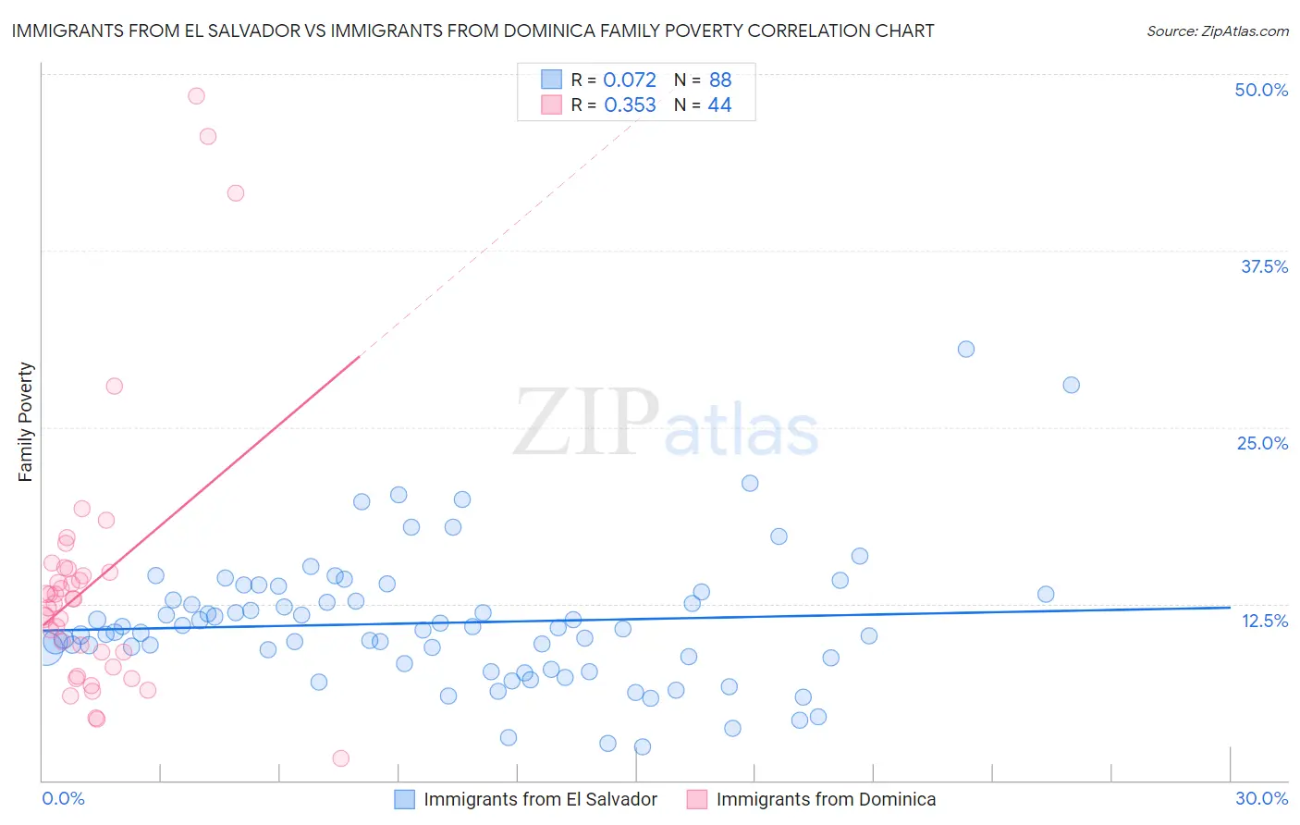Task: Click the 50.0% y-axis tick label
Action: tap(1261, 90)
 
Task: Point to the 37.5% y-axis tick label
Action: tap(1264, 266)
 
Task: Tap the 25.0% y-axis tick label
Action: tap(1262, 443)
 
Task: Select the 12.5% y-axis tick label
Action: tap(1264, 621)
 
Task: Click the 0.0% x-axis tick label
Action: tap(63, 798)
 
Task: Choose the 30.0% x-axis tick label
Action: tap(1261, 798)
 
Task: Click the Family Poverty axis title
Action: tap(26, 422)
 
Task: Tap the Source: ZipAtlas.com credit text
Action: tap(1217, 31)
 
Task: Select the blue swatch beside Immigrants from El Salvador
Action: tap(404, 799)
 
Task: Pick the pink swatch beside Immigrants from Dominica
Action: tap(696, 799)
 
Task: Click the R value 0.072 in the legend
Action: tap(630, 80)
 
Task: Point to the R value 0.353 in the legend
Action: tap(630, 105)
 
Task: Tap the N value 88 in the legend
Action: tap(720, 80)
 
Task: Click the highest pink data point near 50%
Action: tap(196, 95)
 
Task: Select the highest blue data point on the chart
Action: tap(966, 349)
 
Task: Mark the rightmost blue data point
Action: tap(1072, 385)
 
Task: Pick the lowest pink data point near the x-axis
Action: tap(340, 758)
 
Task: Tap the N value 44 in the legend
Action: tap(719, 105)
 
